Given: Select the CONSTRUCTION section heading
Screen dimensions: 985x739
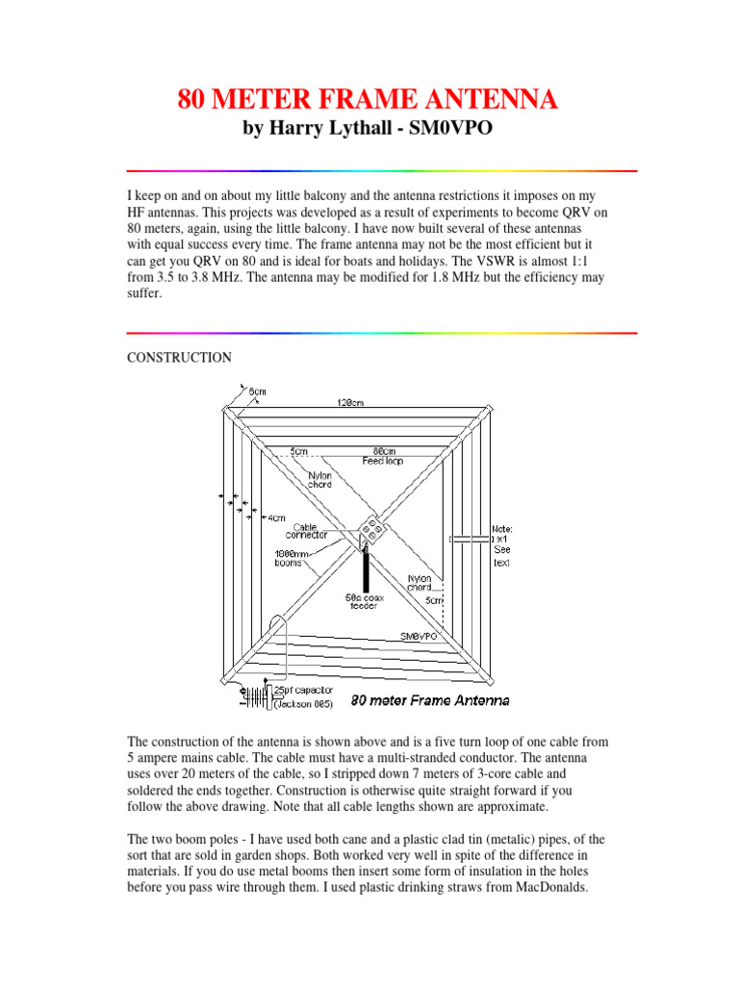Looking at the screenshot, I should [x=180, y=358].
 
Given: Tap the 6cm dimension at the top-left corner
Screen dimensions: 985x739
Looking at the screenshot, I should [x=257, y=391].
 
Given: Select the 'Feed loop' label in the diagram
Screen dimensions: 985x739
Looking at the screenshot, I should [x=382, y=461].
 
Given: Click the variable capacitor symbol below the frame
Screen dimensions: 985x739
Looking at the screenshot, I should [x=254, y=698].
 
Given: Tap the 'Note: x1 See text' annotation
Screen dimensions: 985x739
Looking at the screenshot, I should [x=500, y=545].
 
